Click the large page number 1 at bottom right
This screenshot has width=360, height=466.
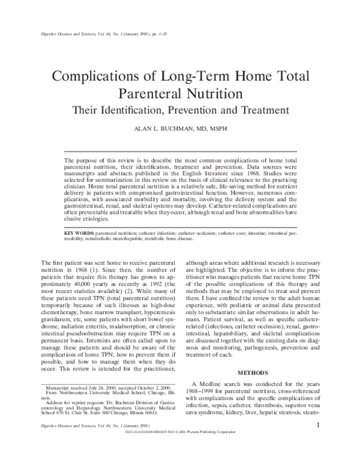[x=317, y=443]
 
